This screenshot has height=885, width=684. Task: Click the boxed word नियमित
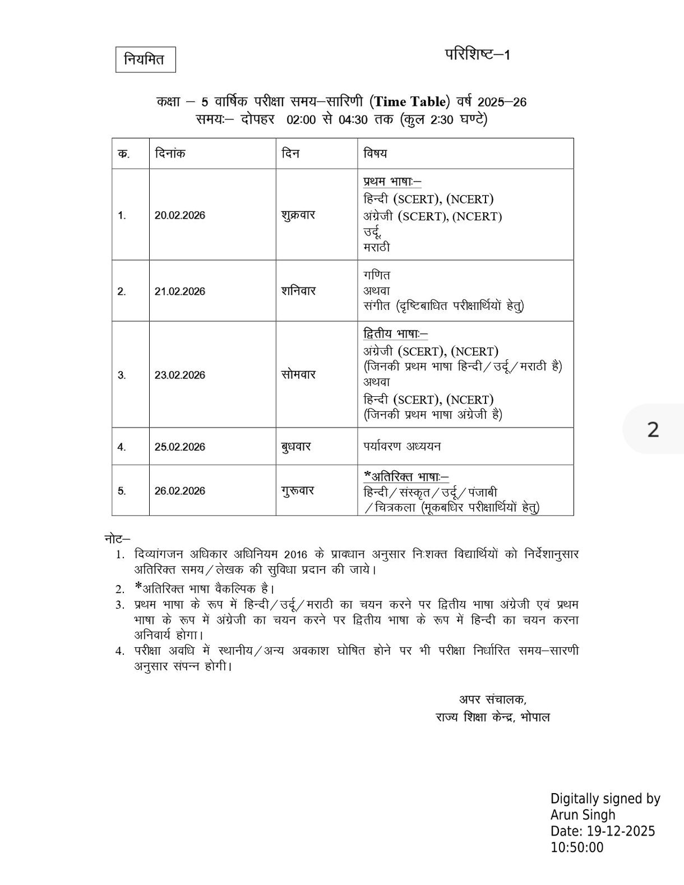pyautogui.click(x=145, y=59)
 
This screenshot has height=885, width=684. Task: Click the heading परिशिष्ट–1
pyautogui.click(x=478, y=54)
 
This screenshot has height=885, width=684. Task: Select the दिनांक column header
pyautogui.click(x=170, y=153)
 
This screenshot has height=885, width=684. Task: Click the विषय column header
pyautogui.click(x=375, y=153)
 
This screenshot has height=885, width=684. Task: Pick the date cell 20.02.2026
pyautogui.click(x=180, y=215)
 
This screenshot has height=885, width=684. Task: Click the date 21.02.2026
pyautogui.click(x=180, y=291)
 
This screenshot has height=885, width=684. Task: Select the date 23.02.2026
pyautogui.click(x=180, y=375)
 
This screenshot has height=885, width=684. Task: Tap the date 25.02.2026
pyautogui.click(x=180, y=447)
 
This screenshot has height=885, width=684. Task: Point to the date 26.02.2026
pyautogui.click(x=180, y=491)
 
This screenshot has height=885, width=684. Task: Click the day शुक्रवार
pyautogui.click(x=298, y=215)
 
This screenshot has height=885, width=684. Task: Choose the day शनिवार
pyautogui.click(x=298, y=291)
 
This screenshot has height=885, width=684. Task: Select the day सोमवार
pyautogui.click(x=298, y=374)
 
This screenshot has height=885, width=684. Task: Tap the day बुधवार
pyautogui.click(x=296, y=447)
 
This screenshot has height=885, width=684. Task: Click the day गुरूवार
pyautogui.click(x=298, y=490)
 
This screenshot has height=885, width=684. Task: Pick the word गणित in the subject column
pyautogui.click(x=377, y=275)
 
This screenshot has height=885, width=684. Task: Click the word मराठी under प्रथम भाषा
pyautogui.click(x=377, y=247)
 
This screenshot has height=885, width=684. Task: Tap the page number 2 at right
pyautogui.click(x=653, y=430)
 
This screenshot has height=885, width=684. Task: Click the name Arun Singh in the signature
pyautogui.click(x=583, y=815)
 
